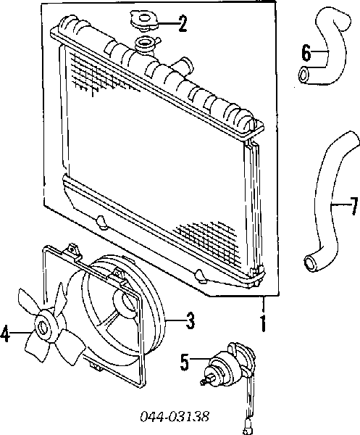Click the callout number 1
click(x=263, y=323)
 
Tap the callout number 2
click(x=183, y=23)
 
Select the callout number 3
click(x=190, y=320)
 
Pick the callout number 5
click(x=185, y=362)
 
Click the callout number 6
click(x=306, y=52)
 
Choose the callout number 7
click(x=353, y=206)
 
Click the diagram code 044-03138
click(x=175, y=416)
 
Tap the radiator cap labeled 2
click(x=144, y=21)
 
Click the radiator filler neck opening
click(x=143, y=43)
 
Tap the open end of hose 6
click(x=304, y=75)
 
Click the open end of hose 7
click(x=311, y=263)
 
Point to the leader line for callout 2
click(x=167, y=24)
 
